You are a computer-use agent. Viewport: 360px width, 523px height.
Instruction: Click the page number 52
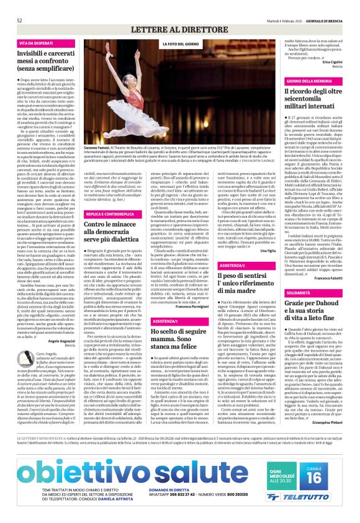pyautogui.click(x=20, y=5)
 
